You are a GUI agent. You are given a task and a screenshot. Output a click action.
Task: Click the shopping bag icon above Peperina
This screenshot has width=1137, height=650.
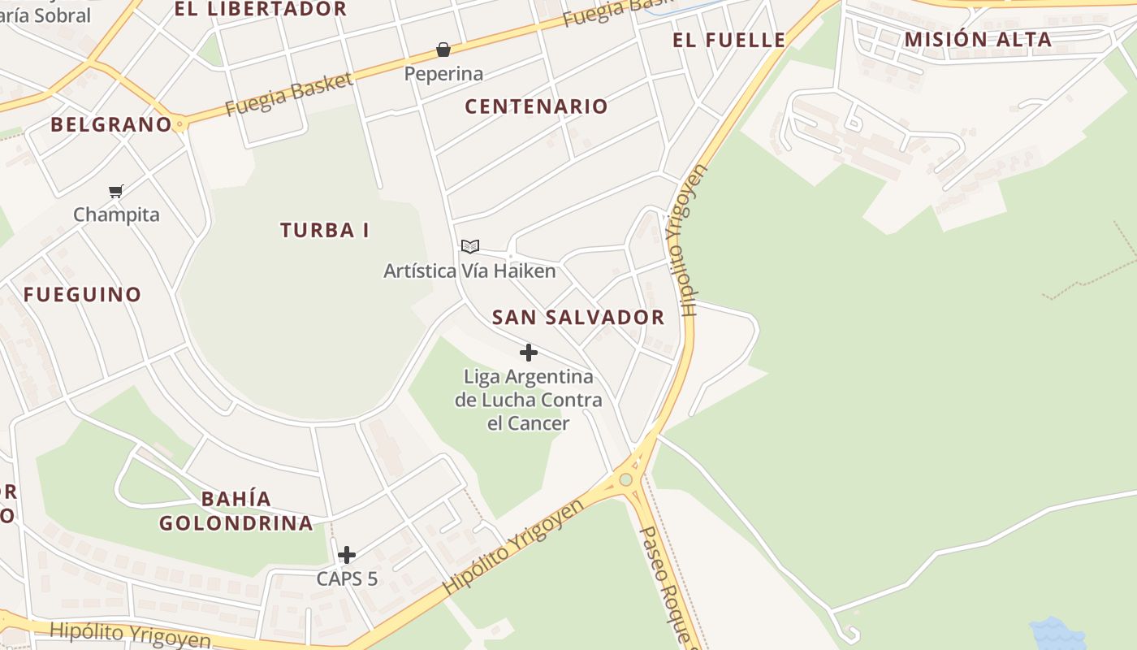click(x=443, y=50)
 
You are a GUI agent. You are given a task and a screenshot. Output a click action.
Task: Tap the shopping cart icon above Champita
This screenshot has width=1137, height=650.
click(x=116, y=192)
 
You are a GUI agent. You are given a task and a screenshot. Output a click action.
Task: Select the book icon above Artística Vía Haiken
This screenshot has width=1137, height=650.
click(x=470, y=246)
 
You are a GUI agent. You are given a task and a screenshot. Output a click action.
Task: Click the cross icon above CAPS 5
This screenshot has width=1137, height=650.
click(x=347, y=555)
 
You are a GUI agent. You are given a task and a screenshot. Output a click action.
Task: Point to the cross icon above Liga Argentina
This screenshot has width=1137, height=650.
click(x=529, y=353)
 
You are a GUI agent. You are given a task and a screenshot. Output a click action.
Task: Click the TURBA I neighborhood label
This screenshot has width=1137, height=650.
click(x=325, y=231)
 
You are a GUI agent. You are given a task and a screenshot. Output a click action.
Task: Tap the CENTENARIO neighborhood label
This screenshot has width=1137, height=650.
click(x=536, y=106)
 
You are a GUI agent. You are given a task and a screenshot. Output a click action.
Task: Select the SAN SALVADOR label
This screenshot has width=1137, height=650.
click(x=578, y=318)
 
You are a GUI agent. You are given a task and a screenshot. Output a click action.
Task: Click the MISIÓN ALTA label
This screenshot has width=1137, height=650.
click(x=978, y=39)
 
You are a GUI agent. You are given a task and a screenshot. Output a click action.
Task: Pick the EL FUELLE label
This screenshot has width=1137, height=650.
click(x=729, y=40)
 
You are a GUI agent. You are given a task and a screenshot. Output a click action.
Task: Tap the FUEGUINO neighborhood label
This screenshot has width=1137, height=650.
click(x=82, y=294)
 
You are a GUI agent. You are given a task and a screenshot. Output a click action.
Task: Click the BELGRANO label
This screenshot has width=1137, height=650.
click(x=111, y=124)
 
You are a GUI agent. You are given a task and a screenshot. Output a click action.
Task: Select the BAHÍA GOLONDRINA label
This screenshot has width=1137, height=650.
click(x=236, y=511)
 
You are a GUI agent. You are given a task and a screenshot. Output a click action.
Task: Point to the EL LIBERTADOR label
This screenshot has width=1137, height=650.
click(x=261, y=10)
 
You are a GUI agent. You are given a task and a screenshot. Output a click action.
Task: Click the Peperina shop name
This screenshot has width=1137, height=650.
click(x=443, y=74)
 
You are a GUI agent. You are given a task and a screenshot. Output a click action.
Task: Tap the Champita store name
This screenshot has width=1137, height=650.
click(x=116, y=215)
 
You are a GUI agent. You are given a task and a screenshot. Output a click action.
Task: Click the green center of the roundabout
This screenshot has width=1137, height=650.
click(x=625, y=479)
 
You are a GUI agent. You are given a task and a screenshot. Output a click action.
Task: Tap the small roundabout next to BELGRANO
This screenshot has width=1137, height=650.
click(x=179, y=124)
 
